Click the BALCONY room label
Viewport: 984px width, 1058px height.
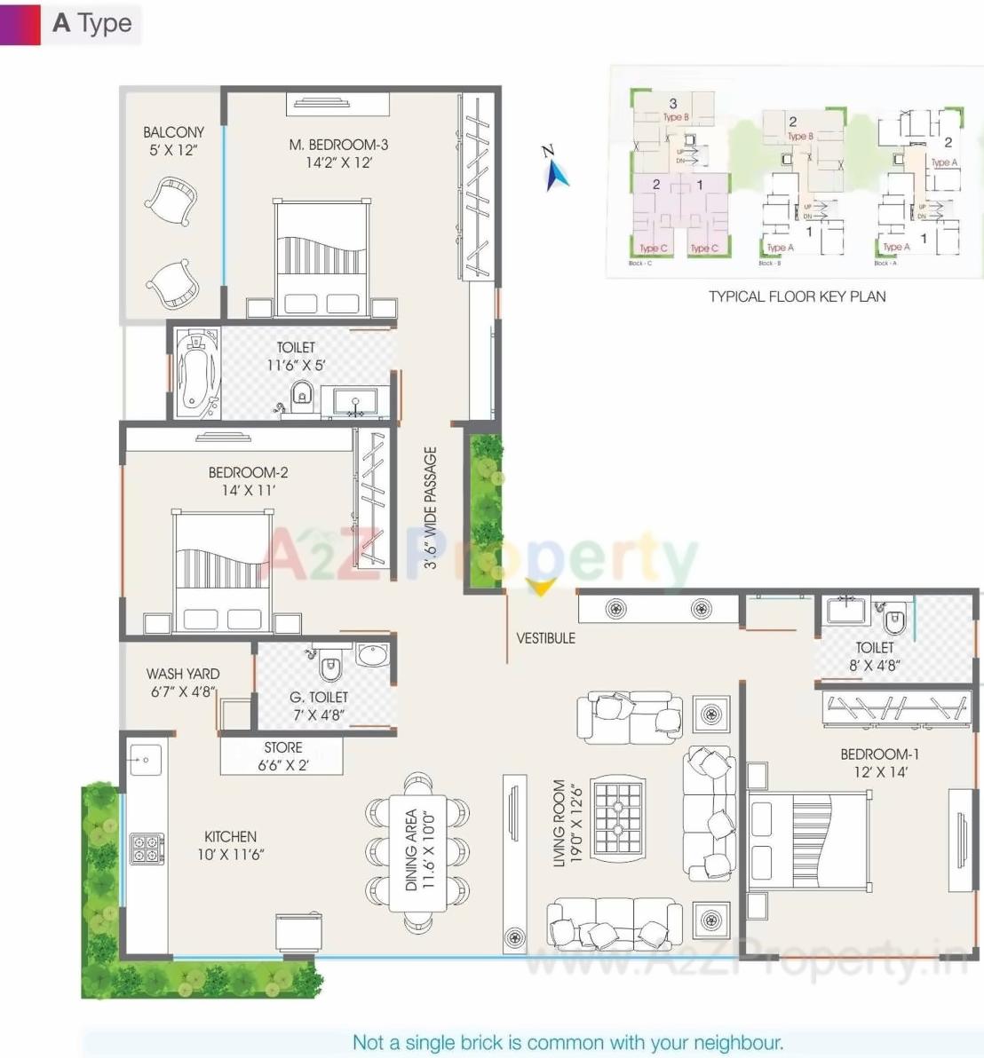point(173,132)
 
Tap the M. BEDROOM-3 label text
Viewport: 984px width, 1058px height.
point(338,145)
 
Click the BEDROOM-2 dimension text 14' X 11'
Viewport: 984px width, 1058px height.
point(249,490)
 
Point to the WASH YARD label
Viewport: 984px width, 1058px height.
point(183,674)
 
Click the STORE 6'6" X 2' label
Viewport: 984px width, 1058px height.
point(282,756)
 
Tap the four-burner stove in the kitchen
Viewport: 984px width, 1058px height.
point(147,849)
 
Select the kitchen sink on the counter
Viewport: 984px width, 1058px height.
point(145,760)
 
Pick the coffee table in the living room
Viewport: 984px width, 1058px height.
point(618,818)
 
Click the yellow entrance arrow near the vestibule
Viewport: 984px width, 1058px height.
point(540,587)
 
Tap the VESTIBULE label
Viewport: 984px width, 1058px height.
point(545,638)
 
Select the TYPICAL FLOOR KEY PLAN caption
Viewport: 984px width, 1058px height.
point(797,296)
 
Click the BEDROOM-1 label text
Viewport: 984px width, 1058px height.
point(879,754)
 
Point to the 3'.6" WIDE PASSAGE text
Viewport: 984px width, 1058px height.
point(431,508)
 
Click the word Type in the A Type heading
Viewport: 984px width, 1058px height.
point(105,23)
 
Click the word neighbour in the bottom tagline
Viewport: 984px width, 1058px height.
point(736,1042)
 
